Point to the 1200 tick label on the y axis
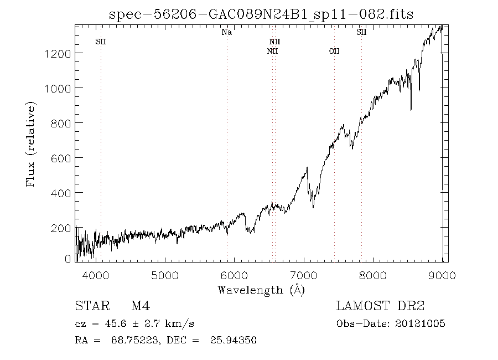[x=58, y=53]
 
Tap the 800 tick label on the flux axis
[x=60, y=123]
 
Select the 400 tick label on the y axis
[x=60, y=193]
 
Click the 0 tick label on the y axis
[x=68, y=259]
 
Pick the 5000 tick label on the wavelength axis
[x=165, y=274]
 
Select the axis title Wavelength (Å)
[x=261, y=290]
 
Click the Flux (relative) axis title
[x=32, y=144]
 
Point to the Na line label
[x=226, y=33]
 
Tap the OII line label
[x=334, y=52]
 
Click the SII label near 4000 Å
[x=101, y=42]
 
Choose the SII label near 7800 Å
[x=361, y=33]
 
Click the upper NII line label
[x=274, y=42]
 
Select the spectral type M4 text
[x=141, y=306]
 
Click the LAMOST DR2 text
[x=381, y=306]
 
